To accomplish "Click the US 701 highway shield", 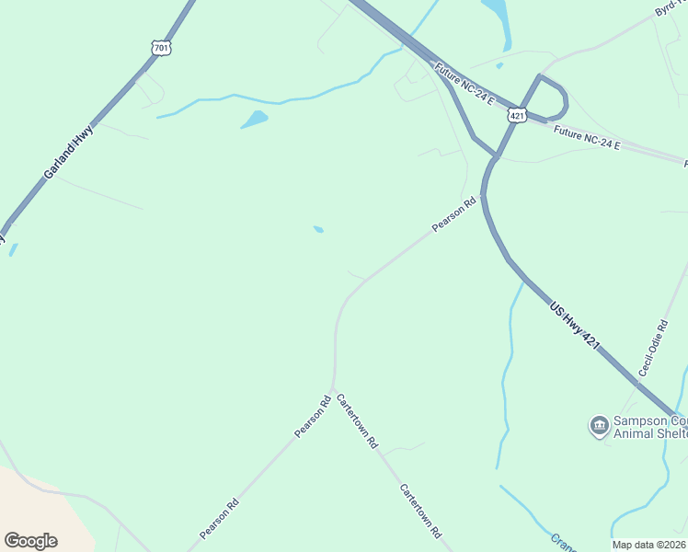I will click(162, 46).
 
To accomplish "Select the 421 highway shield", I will click(517, 116).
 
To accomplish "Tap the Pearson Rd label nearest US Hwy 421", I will click(455, 214).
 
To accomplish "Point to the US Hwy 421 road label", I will click(575, 326).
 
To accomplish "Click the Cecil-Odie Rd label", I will click(653, 348).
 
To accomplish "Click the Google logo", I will click(30, 540).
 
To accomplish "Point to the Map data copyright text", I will click(648, 545).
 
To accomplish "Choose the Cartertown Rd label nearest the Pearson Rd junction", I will click(357, 420).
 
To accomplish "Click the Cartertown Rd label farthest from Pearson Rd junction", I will click(420, 511).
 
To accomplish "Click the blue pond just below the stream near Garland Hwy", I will click(254, 120).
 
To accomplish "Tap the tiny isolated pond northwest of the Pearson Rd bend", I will click(318, 229).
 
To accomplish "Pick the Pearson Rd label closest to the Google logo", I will click(220, 518).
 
